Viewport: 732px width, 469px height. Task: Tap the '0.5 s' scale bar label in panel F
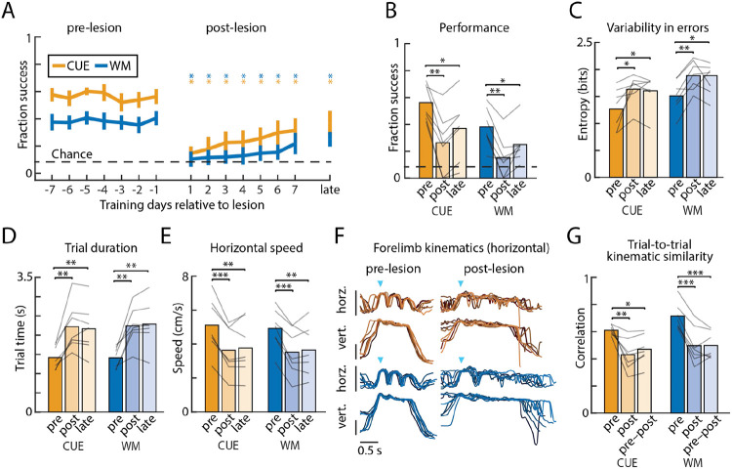point(366,450)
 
